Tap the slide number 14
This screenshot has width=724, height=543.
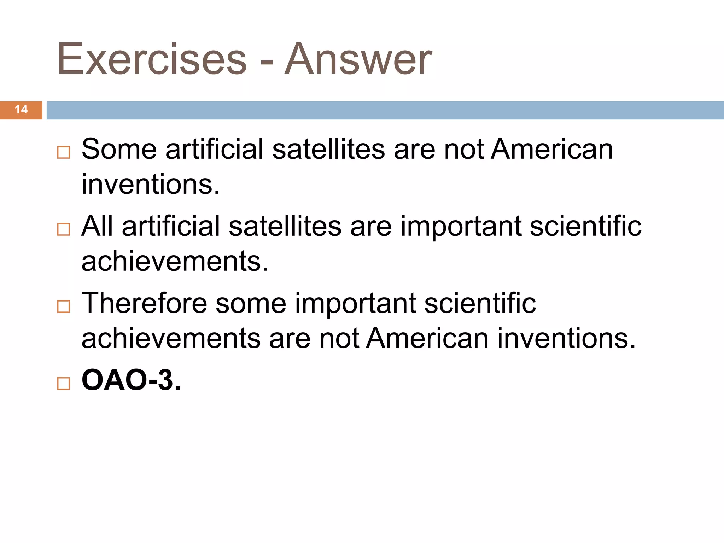click(21, 110)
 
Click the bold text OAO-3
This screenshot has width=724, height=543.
click(131, 380)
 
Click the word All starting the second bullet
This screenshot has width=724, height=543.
click(97, 226)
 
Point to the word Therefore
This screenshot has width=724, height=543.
click(144, 303)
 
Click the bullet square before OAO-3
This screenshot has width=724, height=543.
click(64, 384)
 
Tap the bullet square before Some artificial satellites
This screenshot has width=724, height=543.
click(64, 153)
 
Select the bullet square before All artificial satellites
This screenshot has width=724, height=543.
click(64, 230)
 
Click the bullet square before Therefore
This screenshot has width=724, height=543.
click(64, 306)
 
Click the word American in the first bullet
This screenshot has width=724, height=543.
click(552, 149)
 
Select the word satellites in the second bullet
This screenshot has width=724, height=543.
click(285, 226)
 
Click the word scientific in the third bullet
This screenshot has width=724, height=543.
click(480, 303)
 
